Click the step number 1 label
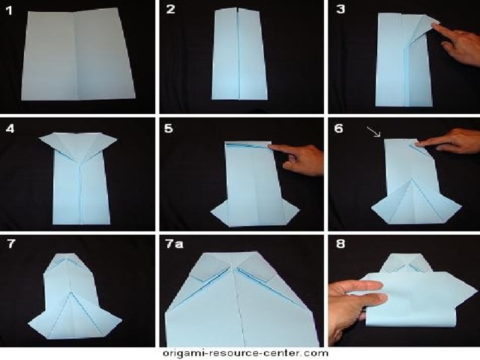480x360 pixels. [9, 10]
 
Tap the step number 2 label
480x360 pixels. [170, 9]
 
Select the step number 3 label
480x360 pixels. [340, 9]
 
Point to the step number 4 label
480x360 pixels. [10, 128]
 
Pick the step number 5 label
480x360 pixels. [168, 128]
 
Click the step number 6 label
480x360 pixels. [338, 128]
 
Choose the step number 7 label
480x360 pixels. [11, 244]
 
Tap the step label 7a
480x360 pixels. [174, 244]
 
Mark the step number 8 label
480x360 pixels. [340, 244]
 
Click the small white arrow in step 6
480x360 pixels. [373, 132]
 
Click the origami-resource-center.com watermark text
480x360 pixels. [245, 353]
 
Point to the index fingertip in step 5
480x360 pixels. [271, 148]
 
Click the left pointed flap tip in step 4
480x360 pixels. [39, 139]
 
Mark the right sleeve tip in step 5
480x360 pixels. [298, 211]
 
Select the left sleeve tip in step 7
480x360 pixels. [28, 323]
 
